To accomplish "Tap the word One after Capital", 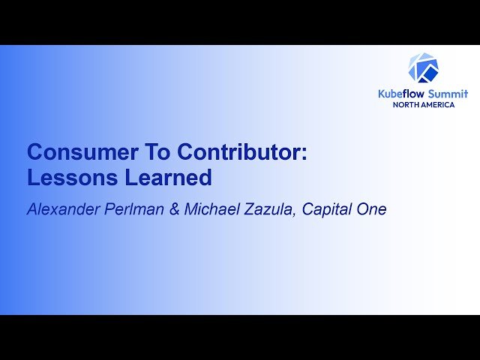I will pos(373,210).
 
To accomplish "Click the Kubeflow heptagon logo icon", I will pos(423,68).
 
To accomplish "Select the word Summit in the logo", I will pos(448,93).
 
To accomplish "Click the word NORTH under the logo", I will pos(407,104).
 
